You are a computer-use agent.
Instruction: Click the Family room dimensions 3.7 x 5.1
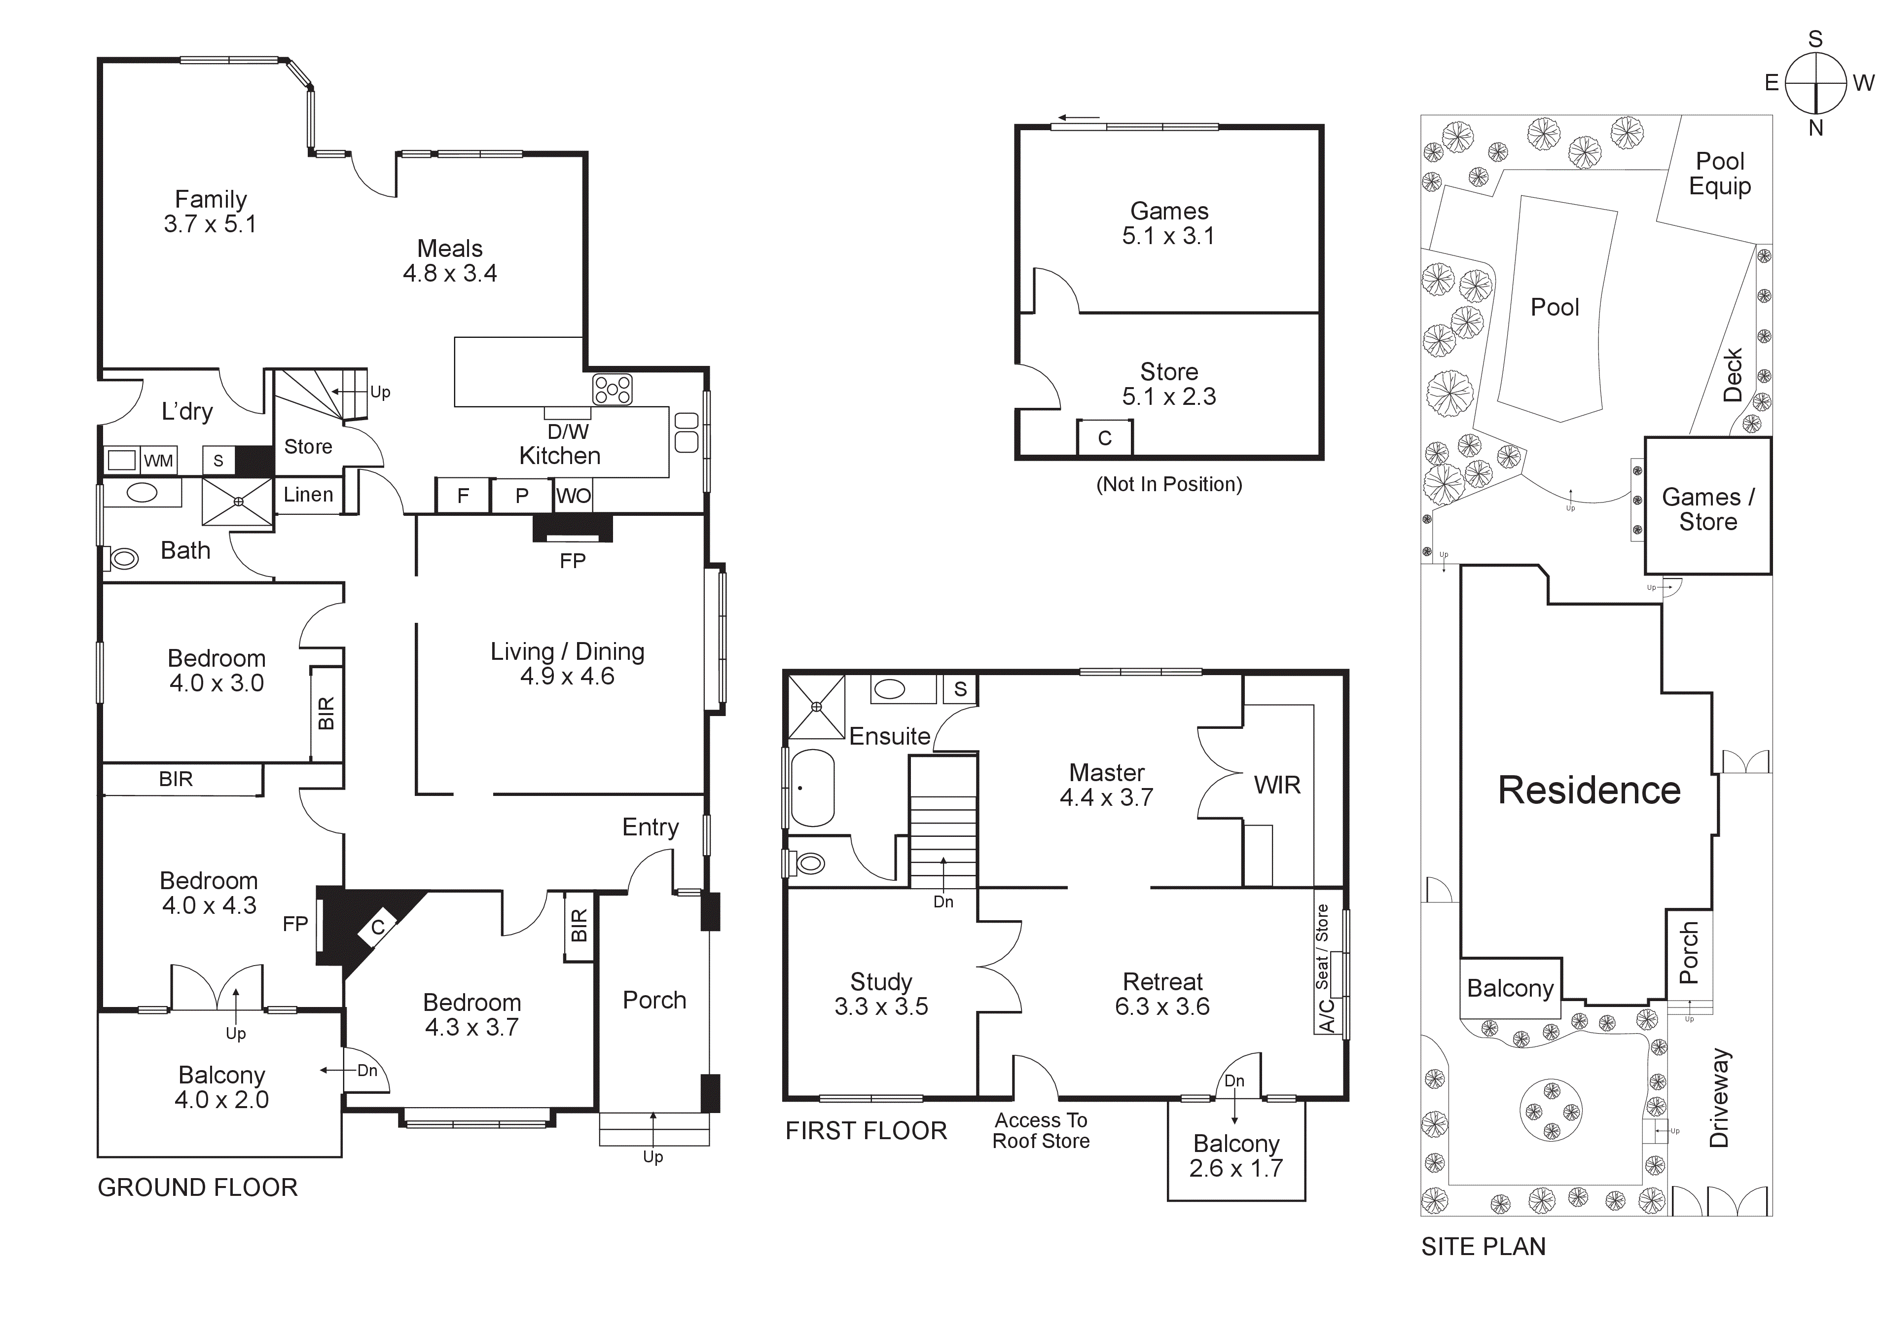[x=210, y=224]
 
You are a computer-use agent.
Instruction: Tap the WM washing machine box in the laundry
[x=158, y=461]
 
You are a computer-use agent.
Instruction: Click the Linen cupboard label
[x=308, y=495]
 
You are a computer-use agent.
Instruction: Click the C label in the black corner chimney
[x=377, y=928]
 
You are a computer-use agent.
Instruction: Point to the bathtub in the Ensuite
[x=812, y=787]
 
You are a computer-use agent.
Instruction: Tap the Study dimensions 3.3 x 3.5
[x=881, y=1006]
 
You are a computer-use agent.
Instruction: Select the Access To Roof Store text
[x=1041, y=1131]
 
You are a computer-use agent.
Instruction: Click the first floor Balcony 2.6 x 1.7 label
[x=1236, y=1155]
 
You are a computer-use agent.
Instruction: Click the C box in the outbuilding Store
[x=1105, y=438]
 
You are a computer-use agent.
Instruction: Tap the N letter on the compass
[x=1816, y=128]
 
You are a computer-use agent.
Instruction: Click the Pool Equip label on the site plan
[x=1720, y=174]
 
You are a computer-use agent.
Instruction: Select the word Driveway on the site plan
[x=1719, y=1098]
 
